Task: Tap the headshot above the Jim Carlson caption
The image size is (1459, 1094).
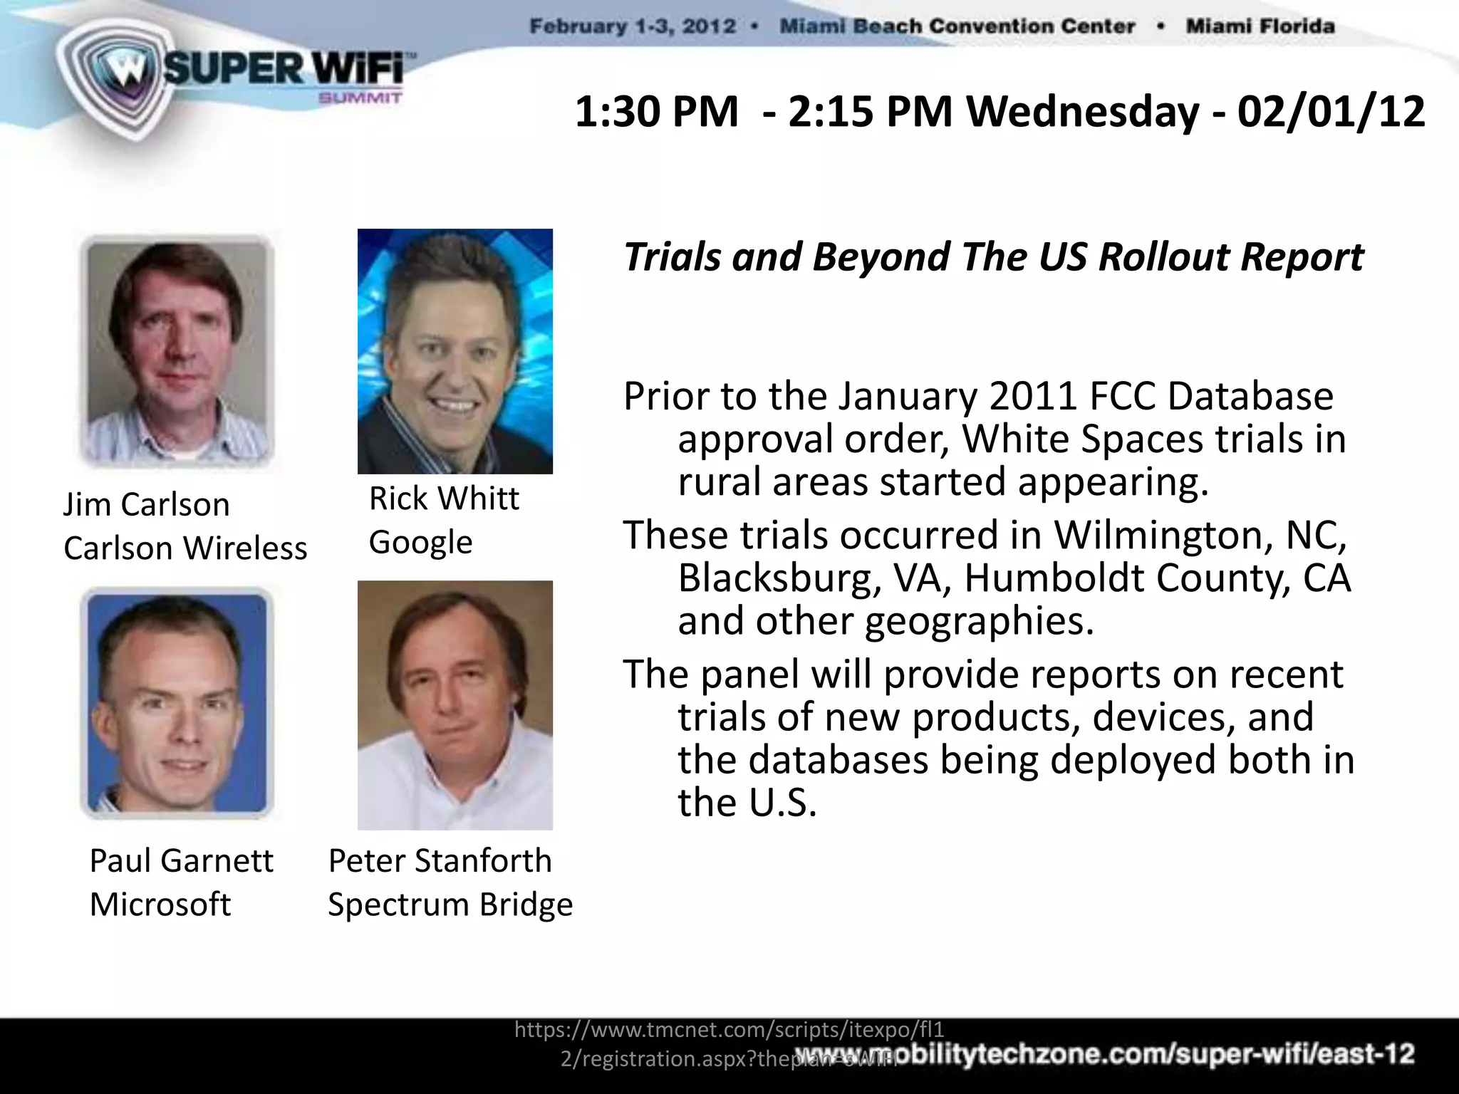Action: (177, 350)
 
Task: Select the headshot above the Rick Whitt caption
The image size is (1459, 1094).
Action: (455, 351)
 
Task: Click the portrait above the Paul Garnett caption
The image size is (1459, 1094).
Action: (177, 703)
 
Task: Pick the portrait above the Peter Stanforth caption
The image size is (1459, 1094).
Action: (455, 705)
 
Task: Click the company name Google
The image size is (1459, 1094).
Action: (420, 542)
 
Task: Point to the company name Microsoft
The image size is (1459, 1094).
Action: (160, 905)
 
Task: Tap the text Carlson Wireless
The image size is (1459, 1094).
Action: (185, 548)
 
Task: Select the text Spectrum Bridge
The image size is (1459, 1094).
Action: (450, 905)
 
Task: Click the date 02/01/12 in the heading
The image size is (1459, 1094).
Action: (1331, 113)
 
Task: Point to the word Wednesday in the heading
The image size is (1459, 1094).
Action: (1083, 113)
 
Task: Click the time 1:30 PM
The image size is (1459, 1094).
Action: (656, 113)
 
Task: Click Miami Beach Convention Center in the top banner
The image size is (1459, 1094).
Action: (957, 27)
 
